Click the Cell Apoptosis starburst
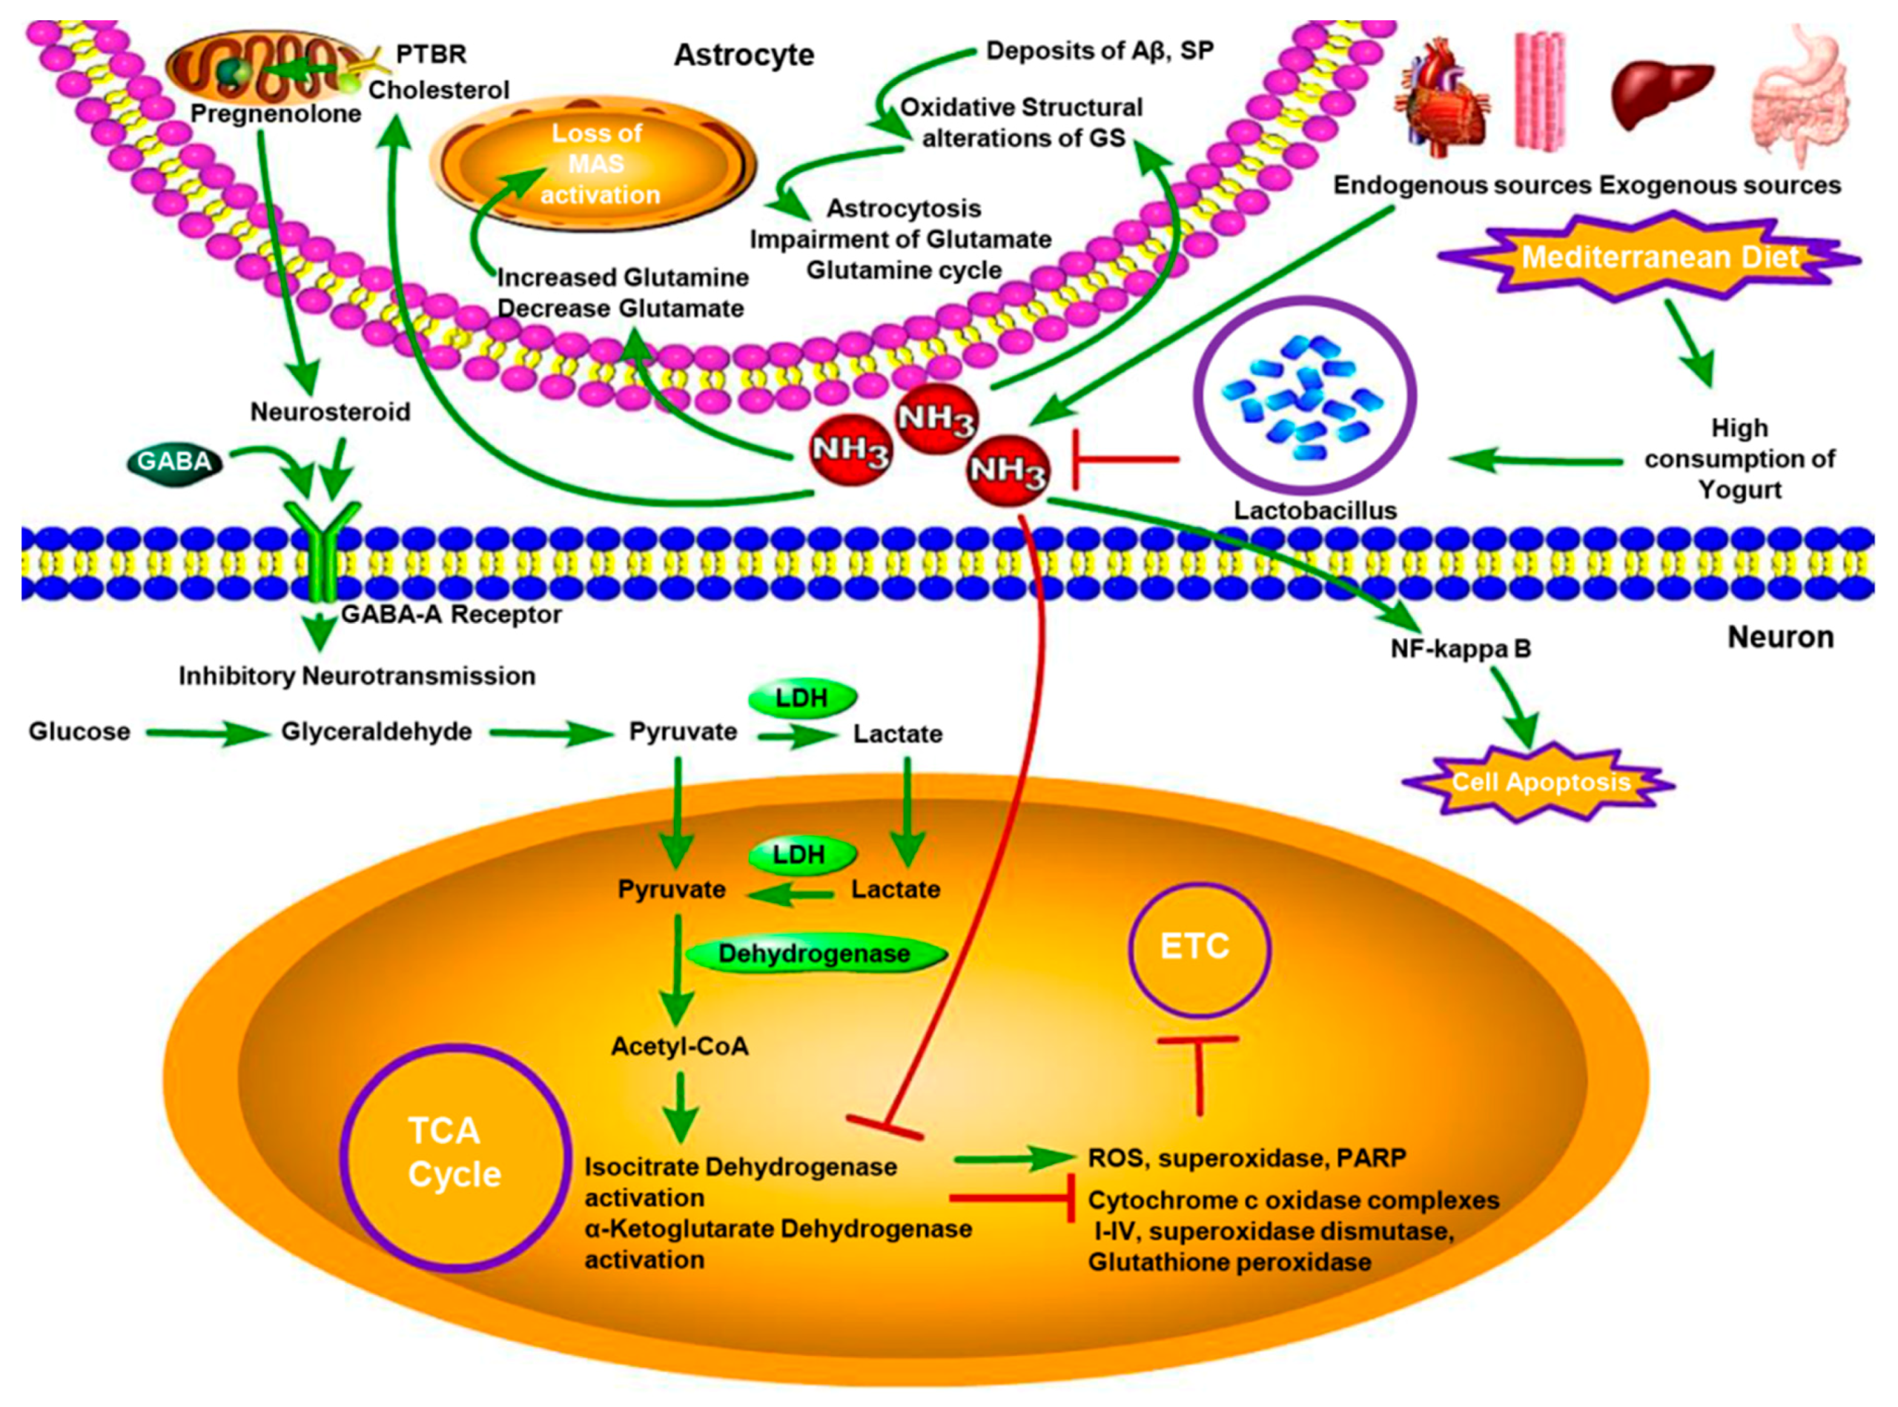click(x=1538, y=782)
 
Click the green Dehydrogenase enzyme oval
click(x=816, y=953)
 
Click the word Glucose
click(x=79, y=731)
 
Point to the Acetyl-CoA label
click(x=679, y=1046)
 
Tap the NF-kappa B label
click(x=1460, y=649)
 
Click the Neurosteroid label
click(x=330, y=412)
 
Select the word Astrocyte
click(x=744, y=56)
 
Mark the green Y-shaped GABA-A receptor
click(x=324, y=545)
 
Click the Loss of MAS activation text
click(x=600, y=165)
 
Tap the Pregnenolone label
click(x=275, y=114)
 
